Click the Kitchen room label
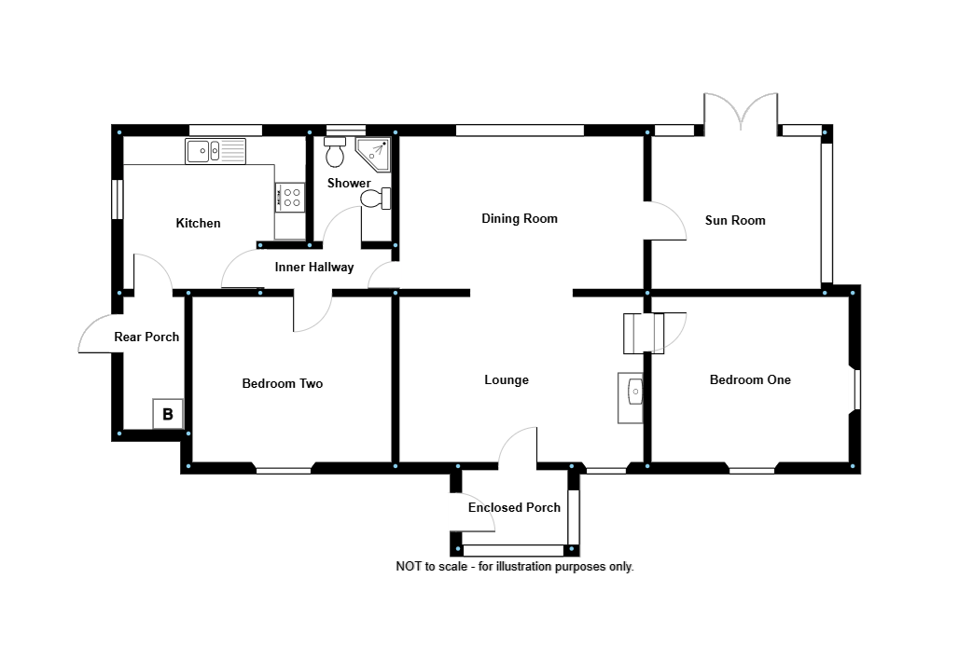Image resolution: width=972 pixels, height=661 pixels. click(x=199, y=223)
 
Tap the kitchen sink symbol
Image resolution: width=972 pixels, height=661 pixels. click(x=215, y=150)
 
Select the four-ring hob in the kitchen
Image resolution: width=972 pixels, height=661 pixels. click(x=291, y=196)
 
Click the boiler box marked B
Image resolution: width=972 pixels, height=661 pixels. click(x=168, y=414)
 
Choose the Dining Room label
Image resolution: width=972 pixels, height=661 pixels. click(x=520, y=219)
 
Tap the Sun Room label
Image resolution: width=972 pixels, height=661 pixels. click(x=735, y=221)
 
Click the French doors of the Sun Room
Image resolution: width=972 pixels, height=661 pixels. click(x=741, y=110)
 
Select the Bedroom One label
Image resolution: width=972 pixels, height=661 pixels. click(x=750, y=379)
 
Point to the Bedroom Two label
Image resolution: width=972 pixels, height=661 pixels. click(x=282, y=383)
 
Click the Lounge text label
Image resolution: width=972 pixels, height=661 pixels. click(x=507, y=379)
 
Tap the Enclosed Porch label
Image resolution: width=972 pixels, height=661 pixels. click(x=514, y=507)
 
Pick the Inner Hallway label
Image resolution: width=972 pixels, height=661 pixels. click(x=314, y=268)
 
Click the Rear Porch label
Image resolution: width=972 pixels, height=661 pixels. click(x=146, y=337)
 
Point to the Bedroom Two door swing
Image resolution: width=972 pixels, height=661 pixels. click(x=312, y=312)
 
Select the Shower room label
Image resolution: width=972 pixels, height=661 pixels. click(x=349, y=183)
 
